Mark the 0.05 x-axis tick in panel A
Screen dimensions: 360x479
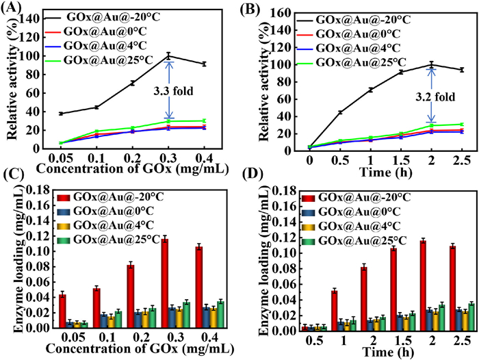coord(42,156)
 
